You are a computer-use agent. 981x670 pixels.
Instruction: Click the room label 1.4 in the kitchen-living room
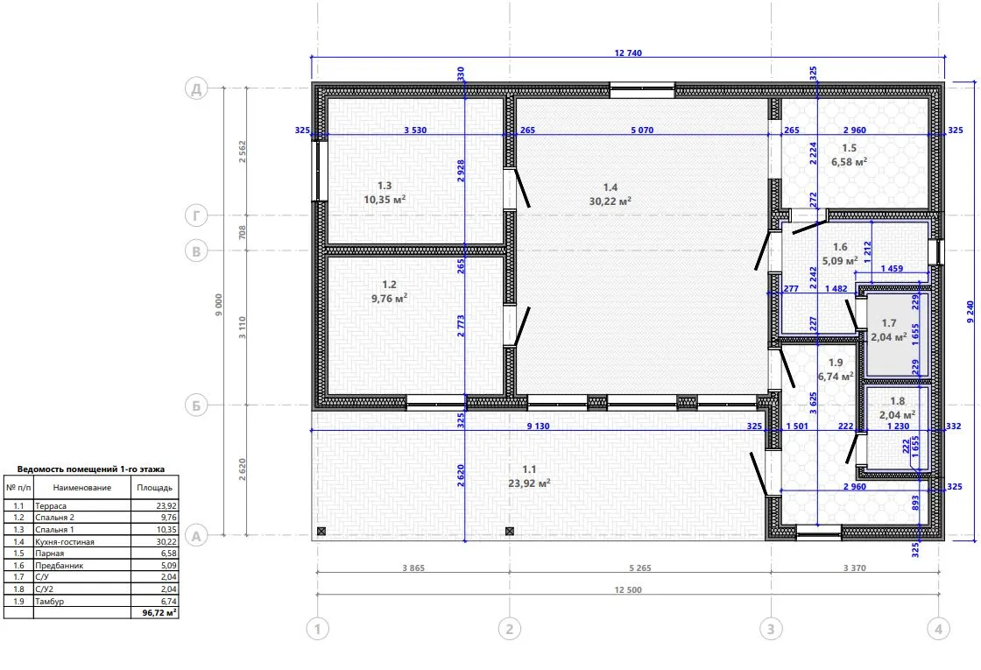click(610, 187)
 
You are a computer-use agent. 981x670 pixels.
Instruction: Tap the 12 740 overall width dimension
click(628, 53)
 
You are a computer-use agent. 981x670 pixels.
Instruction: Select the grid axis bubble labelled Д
click(196, 88)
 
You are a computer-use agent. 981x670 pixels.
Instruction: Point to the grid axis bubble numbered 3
click(771, 629)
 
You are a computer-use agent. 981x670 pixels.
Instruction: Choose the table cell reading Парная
click(49, 554)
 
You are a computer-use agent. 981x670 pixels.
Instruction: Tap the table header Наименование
click(82, 488)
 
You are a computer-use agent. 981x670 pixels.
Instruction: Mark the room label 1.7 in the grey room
click(889, 323)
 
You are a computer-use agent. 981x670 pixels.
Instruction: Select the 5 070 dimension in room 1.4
click(642, 130)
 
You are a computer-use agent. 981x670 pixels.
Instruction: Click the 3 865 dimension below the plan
click(413, 568)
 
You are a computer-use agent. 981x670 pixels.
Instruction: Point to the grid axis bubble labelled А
click(196, 535)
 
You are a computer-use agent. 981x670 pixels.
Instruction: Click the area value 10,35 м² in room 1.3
click(385, 200)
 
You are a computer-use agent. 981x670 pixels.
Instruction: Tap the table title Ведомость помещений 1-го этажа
click(91, 469)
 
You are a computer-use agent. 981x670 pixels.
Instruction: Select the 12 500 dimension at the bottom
click(628, 590)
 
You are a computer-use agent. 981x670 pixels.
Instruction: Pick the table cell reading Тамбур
click(49, 601)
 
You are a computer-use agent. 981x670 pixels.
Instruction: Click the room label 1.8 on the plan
click(897, 402)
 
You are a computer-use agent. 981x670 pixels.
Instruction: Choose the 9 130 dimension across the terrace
click(538, 426)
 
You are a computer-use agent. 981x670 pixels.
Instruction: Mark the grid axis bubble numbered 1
click(318, 629)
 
